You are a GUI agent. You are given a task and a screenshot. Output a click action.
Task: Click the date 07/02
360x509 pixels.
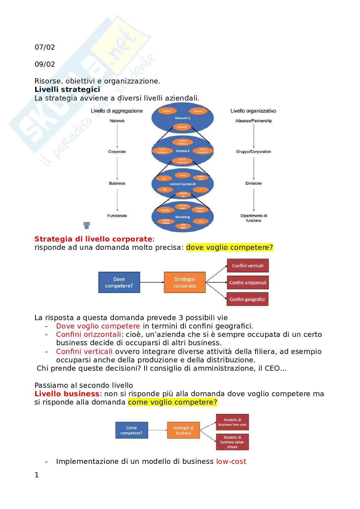(x=45, y=47)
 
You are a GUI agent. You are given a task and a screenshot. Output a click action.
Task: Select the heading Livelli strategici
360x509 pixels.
(x=67, y=90)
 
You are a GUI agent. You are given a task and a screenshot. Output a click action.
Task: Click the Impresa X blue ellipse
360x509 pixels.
(x=183, y=151)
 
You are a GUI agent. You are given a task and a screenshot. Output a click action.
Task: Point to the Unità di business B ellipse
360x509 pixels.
(x=183, y=184)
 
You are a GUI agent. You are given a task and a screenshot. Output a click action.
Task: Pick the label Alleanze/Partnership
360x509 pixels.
(x=254, y=121)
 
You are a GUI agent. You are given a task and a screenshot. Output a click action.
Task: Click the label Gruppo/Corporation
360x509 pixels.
(x=254, y=152)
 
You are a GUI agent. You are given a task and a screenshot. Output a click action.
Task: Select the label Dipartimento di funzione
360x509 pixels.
(x=254, y=218)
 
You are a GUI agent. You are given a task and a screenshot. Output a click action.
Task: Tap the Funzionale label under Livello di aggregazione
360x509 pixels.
(x=117, y=216)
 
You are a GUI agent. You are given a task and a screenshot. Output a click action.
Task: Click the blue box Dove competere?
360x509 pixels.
(x=119, y=282)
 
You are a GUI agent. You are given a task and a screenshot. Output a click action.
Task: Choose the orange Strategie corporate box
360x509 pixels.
(x=185, y=282)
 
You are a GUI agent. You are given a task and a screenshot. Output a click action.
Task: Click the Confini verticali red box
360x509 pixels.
(x=247, y=266)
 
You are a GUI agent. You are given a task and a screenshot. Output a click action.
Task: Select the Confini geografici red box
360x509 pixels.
(x=247, y=299)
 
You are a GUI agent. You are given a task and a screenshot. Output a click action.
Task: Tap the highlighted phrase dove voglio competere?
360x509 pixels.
(x=229, y=248)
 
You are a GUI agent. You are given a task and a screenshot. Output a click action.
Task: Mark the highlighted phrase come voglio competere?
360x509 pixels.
(x=173, y=402)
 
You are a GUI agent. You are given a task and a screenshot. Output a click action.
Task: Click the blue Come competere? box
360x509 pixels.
(x=132, y=430)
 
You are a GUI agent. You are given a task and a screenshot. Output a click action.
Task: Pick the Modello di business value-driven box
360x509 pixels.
(x=232, y=442)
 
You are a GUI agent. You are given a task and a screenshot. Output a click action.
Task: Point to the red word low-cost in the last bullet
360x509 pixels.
(x=231, y=462)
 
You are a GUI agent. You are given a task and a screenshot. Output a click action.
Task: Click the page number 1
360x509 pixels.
(x=37, y=475)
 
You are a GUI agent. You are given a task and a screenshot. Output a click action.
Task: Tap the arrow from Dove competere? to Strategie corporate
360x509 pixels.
(x=152, y=282)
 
